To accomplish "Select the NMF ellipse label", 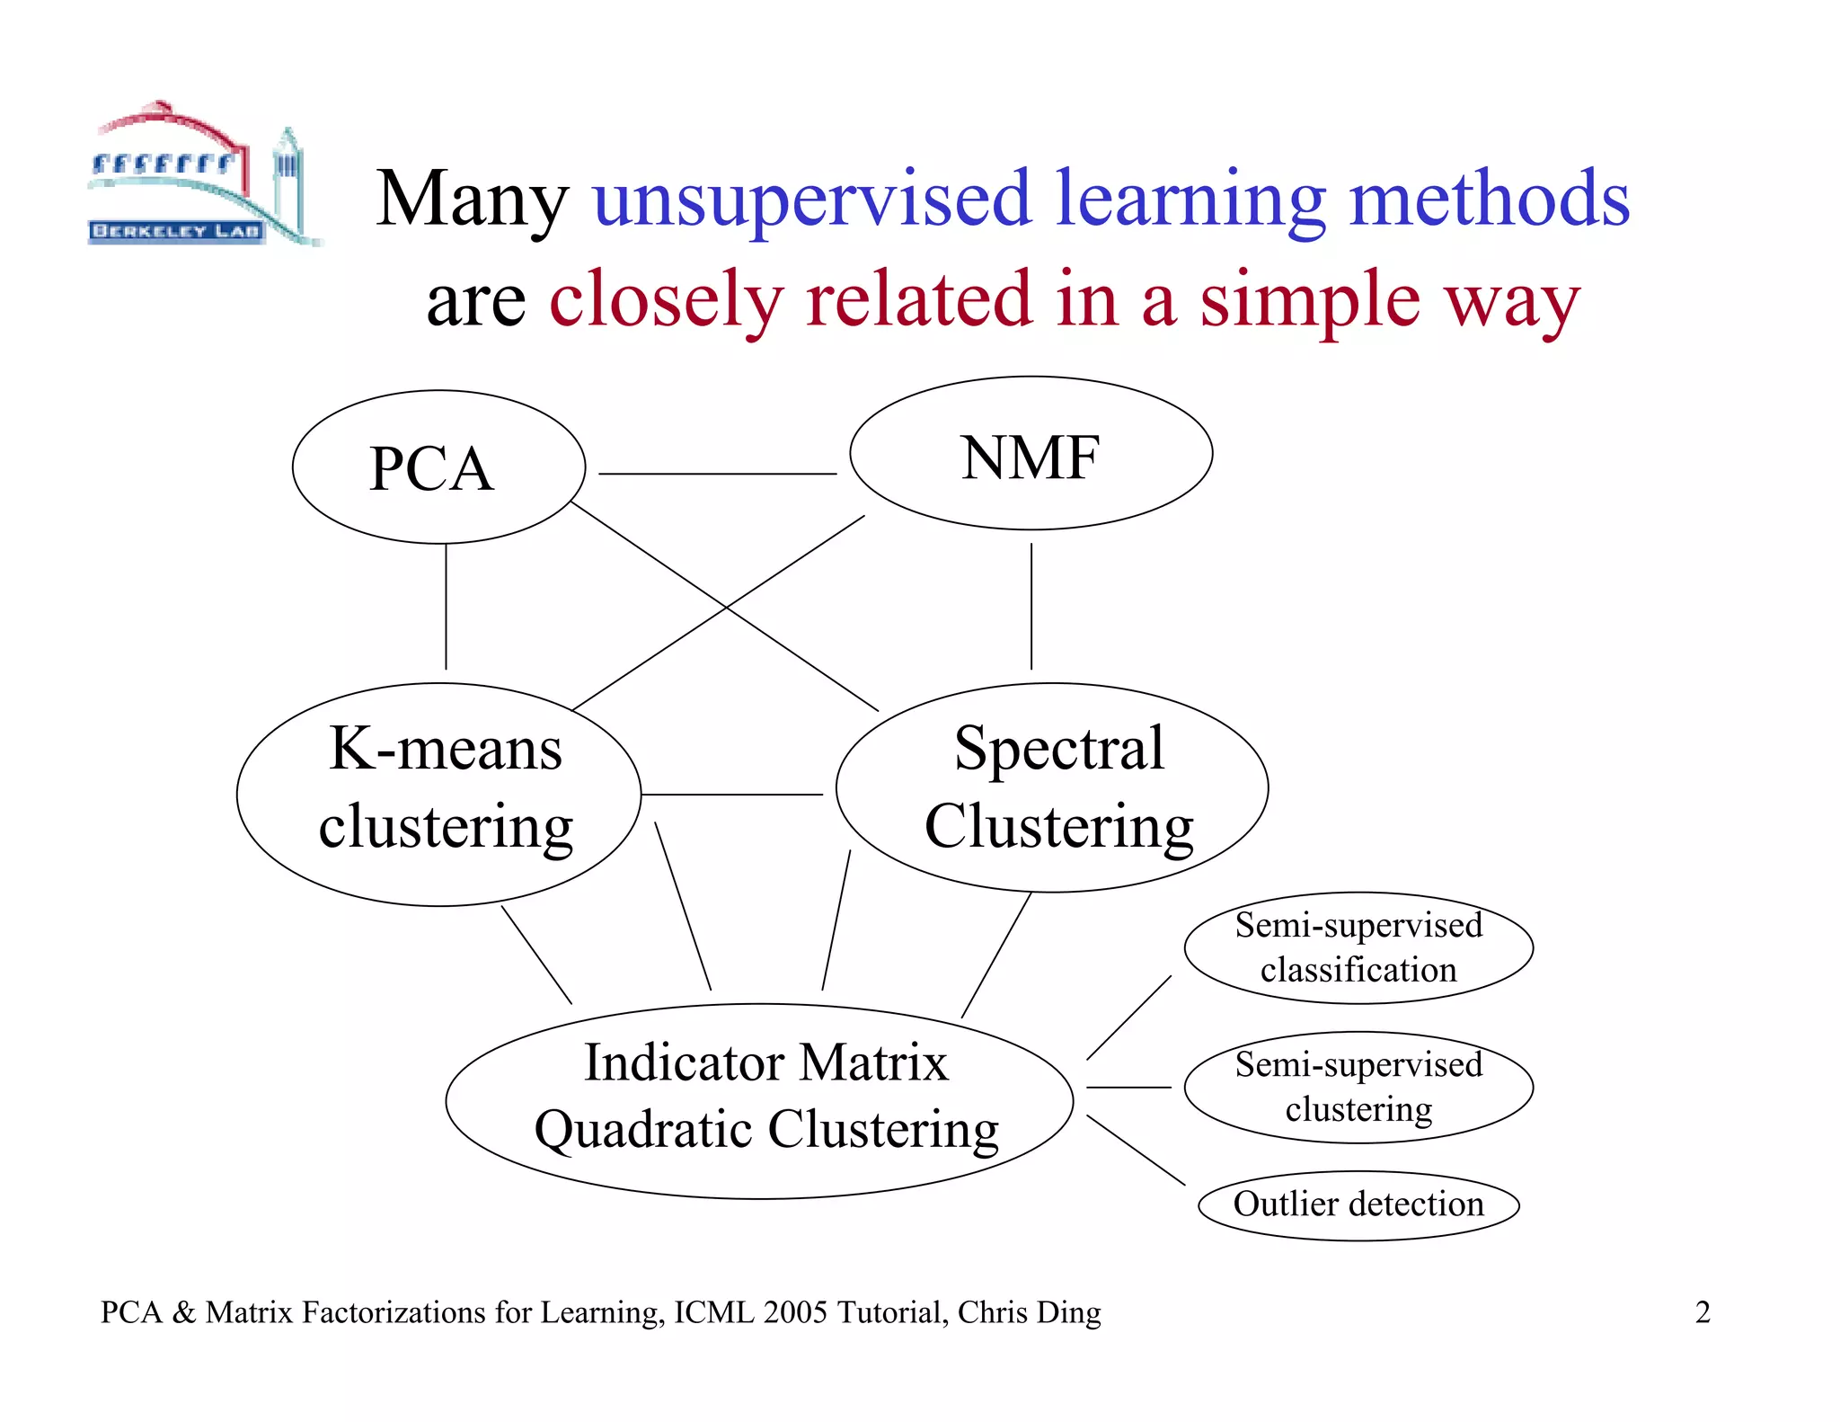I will [x=1030, y=458].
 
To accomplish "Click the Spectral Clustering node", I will [x=1057, y=787].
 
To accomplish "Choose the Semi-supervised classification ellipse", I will [x=1358, y=947].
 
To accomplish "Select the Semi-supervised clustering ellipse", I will [x=1358, y=1087].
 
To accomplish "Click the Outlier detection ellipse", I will [x=1358, y=1204].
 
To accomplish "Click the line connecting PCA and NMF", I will [x=717, y=474].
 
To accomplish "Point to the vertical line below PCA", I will [x=446, y=607].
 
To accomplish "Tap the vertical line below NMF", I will [x=1031, y=607].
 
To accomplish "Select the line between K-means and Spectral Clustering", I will [x=731, y=795].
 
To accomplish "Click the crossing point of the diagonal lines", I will [x=726, y=608].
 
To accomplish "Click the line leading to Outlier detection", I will [x=1136, y=1150].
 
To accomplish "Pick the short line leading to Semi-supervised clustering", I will [x=1128, y=1088].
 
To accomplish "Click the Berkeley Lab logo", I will [x=202, y=176].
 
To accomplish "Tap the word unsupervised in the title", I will [x=811, y=200].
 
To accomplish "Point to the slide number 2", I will [x=1702, y=1312].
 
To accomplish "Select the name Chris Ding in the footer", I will [x=1029, y=1312].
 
